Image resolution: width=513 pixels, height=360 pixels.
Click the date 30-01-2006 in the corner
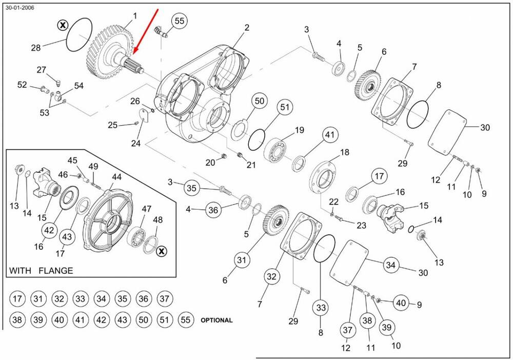tap(19, 8)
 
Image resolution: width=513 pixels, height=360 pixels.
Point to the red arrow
tap(146, 31)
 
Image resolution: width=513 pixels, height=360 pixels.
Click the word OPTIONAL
tap(216, 320)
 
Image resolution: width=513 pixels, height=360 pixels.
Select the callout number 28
tap(35, 48)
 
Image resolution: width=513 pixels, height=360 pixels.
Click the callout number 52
tap(22, 85)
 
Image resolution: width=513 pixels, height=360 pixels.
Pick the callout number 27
tap(41, 70)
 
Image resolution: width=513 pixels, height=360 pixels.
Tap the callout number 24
tap(135, 143)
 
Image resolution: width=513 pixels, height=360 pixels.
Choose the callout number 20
tap(210, 163)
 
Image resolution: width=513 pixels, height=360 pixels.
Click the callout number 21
tap(251, 165)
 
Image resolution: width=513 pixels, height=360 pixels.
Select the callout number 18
tap(345, 152)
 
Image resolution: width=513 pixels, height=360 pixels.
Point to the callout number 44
tap(116, 177)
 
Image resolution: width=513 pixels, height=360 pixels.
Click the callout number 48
tap(158, 219)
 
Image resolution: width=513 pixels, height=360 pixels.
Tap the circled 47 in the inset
tap(147, 209)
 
